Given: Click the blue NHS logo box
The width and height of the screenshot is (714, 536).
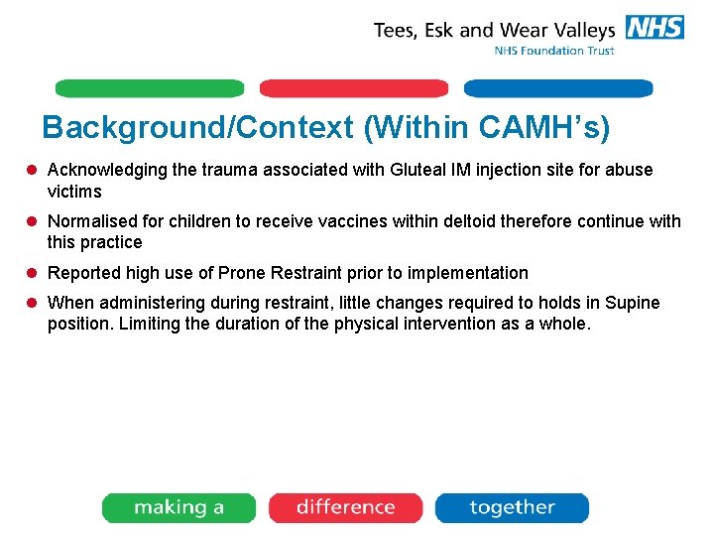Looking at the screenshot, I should coord(654,28).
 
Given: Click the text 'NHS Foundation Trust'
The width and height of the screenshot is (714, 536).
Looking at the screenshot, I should coord(554,51).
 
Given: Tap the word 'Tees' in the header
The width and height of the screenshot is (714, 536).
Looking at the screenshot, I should coord(396,30).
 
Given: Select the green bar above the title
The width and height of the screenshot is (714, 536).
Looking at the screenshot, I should coord(149,88).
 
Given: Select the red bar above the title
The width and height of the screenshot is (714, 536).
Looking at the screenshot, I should coord(354,88).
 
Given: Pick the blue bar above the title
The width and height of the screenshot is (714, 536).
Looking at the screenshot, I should coord(558,88).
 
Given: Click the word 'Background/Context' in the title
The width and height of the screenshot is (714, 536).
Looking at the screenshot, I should coord(197,127).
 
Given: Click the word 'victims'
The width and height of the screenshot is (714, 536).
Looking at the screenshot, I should coord(74,192).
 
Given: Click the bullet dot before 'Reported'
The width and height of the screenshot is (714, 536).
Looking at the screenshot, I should coord(34,273).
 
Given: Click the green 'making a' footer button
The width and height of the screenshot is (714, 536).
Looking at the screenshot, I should coord(178,507).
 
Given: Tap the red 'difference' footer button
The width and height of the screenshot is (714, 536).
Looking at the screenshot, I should coord(345,507).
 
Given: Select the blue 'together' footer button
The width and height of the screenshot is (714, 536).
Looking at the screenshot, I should coord(512,507).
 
